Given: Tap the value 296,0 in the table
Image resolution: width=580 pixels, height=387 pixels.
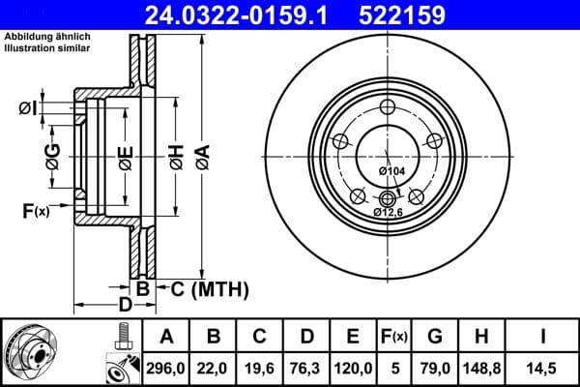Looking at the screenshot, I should pyautogui.click(x=166, y=367).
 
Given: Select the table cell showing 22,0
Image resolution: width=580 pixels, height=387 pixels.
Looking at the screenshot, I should pyautogui.click(x=214, y=367).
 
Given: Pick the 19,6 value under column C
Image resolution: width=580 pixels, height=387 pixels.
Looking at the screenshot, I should pyautogui.click(x=260, y=367).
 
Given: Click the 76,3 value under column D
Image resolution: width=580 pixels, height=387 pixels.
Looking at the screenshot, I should pyautogui.click(x=306, y=367).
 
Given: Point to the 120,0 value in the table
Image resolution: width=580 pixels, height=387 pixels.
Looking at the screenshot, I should pyautogui.click(x=353, y=367).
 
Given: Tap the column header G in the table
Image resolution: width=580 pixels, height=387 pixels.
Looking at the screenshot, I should pyautogui.click(x=434, y=337).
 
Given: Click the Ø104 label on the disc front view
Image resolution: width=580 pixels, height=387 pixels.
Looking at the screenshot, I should pyautogui.click(x=391, y=171).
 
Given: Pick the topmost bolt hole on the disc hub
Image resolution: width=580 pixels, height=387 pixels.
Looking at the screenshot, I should pyautogui.click(x=388, y=107).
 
